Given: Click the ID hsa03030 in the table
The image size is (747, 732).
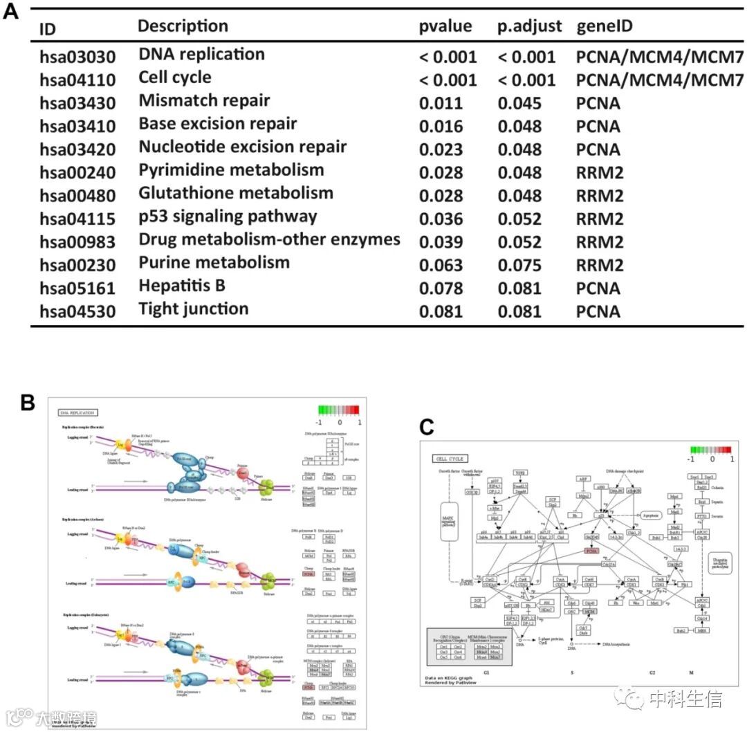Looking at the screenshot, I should (77, 57).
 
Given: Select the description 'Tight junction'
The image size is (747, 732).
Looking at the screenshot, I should (193, 309).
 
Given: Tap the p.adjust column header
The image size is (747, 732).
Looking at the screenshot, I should (526, 27).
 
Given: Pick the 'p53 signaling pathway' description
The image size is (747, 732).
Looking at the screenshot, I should (228, 217).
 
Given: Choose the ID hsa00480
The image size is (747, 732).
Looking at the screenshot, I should (77, 196).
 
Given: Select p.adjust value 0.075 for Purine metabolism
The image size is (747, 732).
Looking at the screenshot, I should (526, 265).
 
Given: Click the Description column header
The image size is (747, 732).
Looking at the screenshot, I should (183, 27).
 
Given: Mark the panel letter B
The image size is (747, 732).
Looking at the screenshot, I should (28, 402).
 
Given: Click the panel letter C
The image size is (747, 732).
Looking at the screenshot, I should (427, 428).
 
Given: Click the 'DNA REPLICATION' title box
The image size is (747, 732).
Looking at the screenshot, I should (78, 412).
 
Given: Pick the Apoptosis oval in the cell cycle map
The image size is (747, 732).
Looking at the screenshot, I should (649, 515).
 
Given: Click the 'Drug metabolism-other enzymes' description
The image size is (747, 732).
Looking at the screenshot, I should (269, 240).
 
